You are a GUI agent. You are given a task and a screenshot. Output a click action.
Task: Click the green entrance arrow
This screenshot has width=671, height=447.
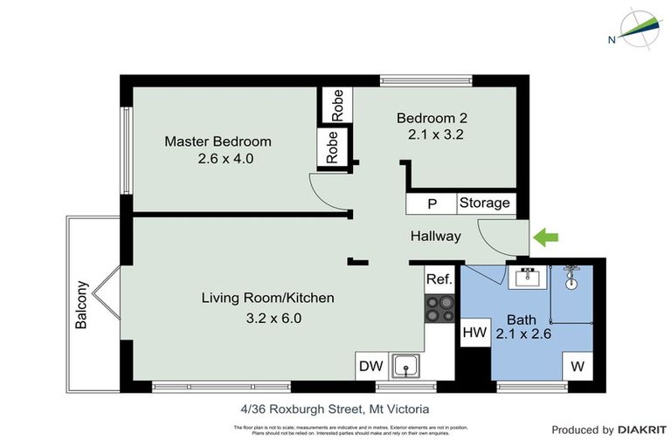[x=547, y=236]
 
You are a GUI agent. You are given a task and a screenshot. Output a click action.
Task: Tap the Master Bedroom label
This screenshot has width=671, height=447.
[x=218, y=141]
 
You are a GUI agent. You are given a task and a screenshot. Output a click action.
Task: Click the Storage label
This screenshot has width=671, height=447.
[x=485, y=203]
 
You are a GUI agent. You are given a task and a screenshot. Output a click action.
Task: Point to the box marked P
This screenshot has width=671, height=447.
[x=432, y=203]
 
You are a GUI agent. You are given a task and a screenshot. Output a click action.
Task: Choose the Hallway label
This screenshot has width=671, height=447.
[x=436, y=236]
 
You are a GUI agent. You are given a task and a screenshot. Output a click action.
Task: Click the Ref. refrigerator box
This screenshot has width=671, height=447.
[x=439, y=280]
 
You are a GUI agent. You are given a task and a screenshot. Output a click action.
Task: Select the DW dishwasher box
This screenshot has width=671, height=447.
[x=370, y=366]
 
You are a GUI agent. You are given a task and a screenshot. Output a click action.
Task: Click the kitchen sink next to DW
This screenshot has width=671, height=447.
[x=405, y=366]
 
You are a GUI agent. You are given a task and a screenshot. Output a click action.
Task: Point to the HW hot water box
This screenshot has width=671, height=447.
[x=474, y=333]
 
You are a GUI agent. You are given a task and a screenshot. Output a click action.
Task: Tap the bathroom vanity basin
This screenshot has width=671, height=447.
[x=528, y=279]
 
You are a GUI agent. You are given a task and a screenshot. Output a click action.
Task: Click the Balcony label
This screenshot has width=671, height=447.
[x=82, y=304]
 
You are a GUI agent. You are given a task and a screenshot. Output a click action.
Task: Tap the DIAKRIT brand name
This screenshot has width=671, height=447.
[x=642, y=430]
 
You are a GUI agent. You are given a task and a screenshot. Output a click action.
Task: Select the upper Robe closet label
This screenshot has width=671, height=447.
[x=336, y=106]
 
